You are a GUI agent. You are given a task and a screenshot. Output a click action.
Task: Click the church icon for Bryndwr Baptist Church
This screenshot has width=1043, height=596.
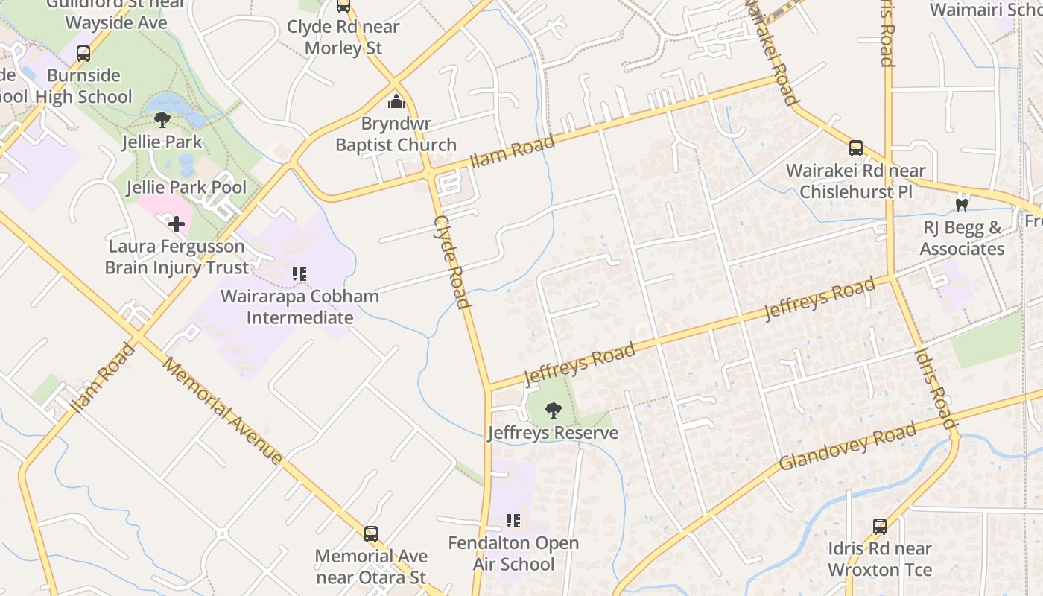[x=396, y=101]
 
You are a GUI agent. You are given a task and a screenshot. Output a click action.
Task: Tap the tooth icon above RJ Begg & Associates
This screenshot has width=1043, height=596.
[x=962, y=203]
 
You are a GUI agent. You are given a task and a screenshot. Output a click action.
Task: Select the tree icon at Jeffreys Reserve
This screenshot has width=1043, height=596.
[x=553, y=410]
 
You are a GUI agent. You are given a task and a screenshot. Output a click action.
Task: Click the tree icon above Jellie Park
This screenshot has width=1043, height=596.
[x=162, y=119]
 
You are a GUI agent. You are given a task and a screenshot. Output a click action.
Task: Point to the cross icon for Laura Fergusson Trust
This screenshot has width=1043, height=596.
[x=176, y=223]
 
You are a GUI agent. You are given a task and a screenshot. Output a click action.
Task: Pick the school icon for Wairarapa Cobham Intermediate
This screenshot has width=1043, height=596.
[x=299, y=274]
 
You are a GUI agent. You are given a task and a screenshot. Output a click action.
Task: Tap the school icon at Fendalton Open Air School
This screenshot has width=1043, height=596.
[x=513, y=520]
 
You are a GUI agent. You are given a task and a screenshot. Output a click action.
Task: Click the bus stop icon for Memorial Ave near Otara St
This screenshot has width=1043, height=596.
[x=370, y=533]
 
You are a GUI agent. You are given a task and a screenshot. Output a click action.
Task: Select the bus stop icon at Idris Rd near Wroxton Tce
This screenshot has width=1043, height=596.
[x=879, y=527]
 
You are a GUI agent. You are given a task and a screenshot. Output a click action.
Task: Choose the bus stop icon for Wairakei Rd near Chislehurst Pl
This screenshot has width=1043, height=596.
[x=855, y=148]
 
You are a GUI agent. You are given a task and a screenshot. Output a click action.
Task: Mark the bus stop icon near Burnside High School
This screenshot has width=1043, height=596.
[x=83, y=54]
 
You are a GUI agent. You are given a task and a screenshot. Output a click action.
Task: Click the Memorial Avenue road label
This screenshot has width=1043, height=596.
[x=223, y=410]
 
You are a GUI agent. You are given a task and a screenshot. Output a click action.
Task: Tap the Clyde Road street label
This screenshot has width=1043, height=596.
[x=453, y=261]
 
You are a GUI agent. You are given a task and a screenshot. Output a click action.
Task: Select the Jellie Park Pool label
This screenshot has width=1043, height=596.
[x=186, y=187]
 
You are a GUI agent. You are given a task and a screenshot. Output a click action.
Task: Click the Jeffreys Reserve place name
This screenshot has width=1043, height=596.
[x=553, y=432]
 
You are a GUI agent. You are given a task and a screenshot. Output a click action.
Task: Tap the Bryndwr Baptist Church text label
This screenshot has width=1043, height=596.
[x=396, y=134]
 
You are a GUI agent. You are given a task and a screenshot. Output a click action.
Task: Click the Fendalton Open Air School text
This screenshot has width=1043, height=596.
[x=513, y=554]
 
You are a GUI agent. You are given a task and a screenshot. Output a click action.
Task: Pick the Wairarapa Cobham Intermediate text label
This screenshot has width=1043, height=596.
[x=299, y=307]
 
